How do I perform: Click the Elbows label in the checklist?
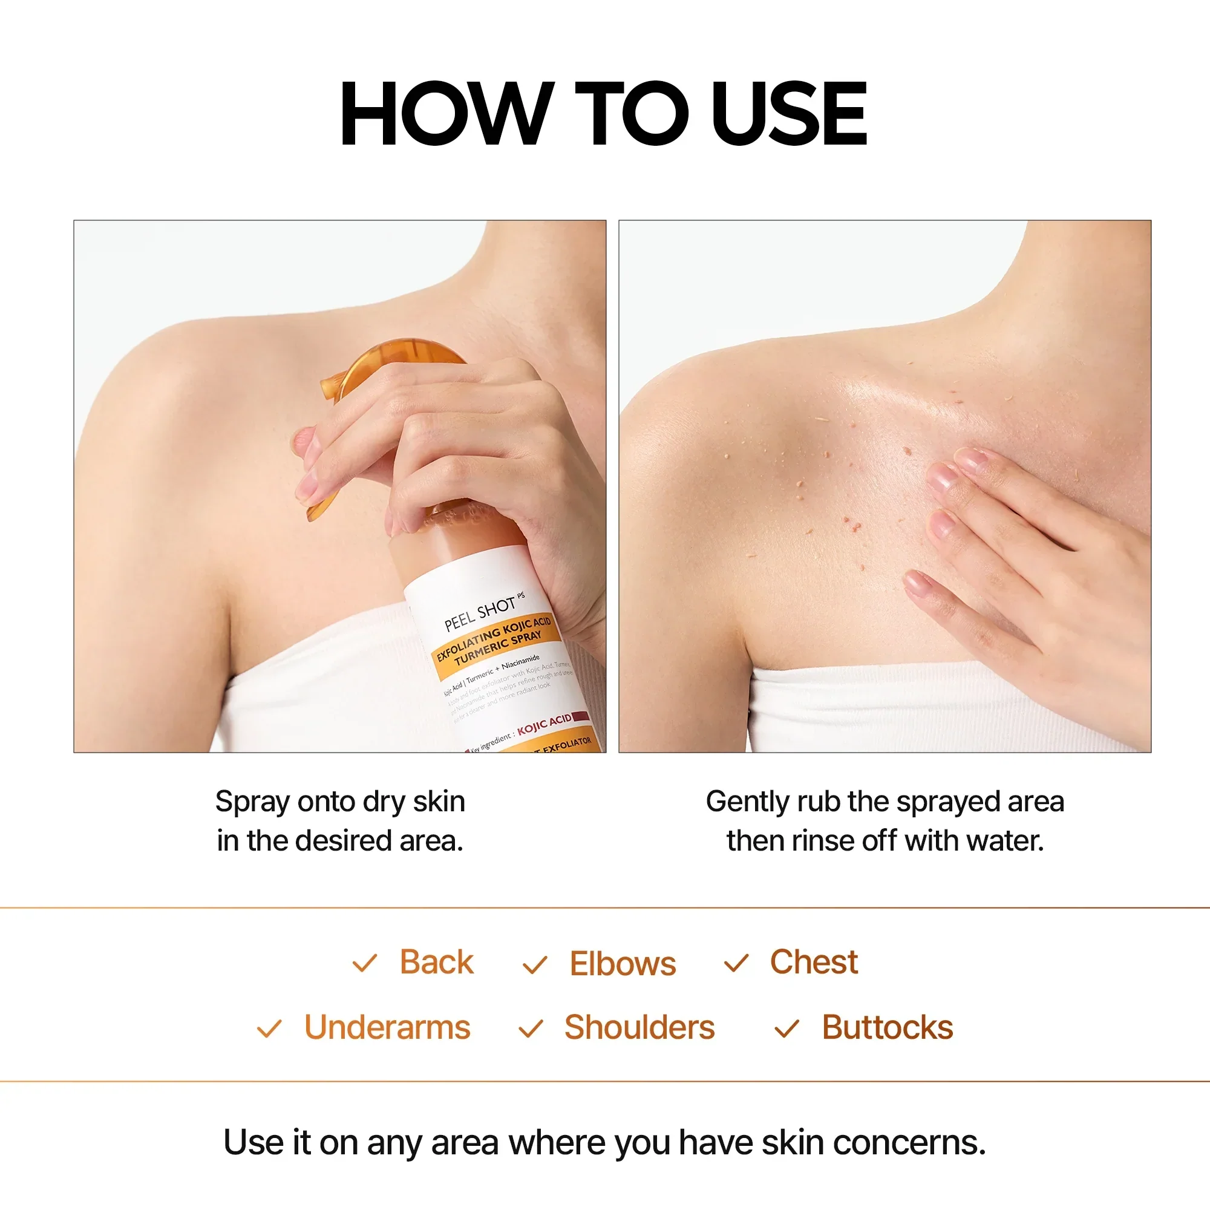623,964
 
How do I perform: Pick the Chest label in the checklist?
813,962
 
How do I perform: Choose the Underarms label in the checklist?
387,1028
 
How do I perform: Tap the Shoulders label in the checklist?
639,1028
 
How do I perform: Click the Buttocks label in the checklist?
887,1028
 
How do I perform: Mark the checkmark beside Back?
364,963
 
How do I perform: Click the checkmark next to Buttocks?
786,1029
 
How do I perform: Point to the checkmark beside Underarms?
269,1029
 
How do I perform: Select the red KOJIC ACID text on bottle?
544,724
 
